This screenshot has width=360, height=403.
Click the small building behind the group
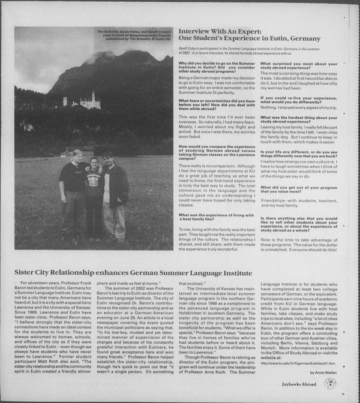[x=85, y=151]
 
